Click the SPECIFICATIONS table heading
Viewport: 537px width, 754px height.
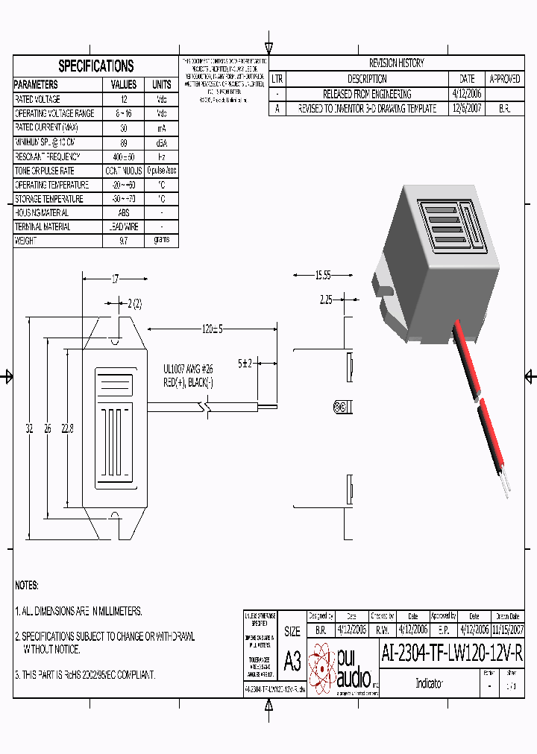tap(96, 66)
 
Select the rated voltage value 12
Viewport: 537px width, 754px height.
tap(124, 99)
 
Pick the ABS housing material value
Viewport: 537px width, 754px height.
tap(124, 212)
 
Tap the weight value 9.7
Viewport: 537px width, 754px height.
tap(124, 241)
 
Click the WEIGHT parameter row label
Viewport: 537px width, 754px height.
tap(25, 241)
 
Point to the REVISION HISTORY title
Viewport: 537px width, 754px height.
tap(396, 63)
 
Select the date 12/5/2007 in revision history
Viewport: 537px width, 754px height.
tap(467, 108)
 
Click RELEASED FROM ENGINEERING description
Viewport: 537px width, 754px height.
tap(367, 94)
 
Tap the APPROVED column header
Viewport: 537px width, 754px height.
tap(505, 79)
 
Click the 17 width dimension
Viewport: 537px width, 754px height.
tap(115, 279)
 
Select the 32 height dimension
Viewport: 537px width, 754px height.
tap(29, 428)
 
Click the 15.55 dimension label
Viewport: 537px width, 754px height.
tap(322, 276)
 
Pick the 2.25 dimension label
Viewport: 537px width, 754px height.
tap(326, 300)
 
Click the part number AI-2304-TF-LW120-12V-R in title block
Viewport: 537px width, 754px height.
tap(452, 653)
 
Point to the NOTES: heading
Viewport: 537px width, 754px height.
tap(27, 586)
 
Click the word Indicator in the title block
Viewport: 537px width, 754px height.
tap(429, 683)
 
